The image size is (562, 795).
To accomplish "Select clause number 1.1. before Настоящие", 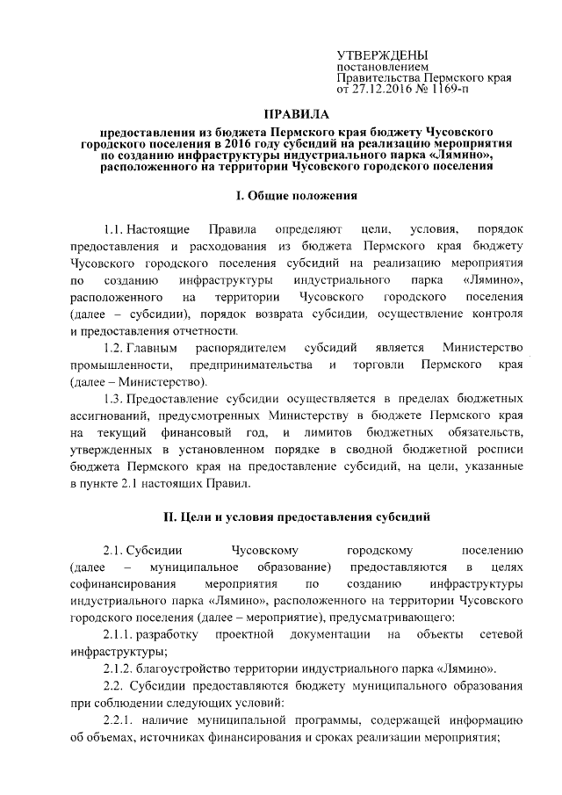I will tap(116, 229).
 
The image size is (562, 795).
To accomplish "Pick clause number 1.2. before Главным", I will tap(116, 349).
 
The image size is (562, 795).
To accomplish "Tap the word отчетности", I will tap(201, 331).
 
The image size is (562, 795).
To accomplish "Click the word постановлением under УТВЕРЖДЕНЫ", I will tap(384, 67).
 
